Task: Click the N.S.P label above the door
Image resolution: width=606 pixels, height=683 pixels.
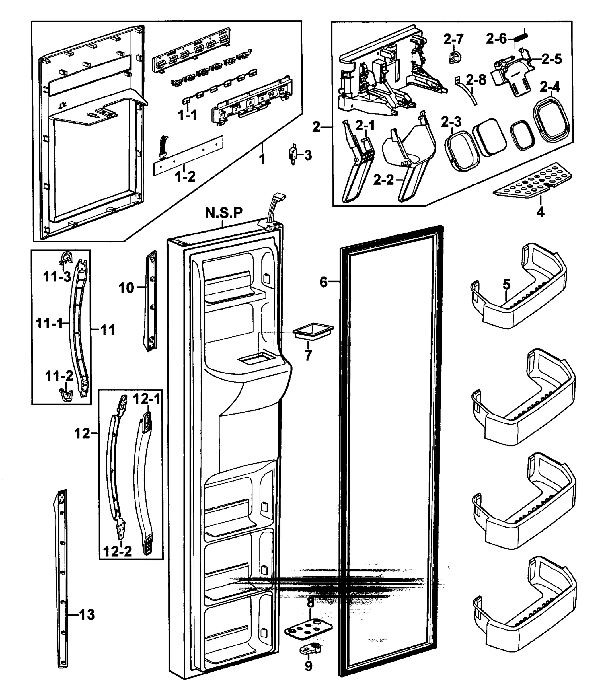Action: point(224,213)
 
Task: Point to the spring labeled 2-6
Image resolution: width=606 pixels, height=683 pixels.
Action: point(521,35)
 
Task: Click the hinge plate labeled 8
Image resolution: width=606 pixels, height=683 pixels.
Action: point(308,630)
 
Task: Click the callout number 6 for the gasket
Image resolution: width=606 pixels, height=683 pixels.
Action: point(324,282)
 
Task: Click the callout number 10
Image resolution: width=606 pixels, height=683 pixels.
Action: point(126,288)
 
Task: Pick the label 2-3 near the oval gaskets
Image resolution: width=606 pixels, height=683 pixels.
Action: point(451,122)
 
